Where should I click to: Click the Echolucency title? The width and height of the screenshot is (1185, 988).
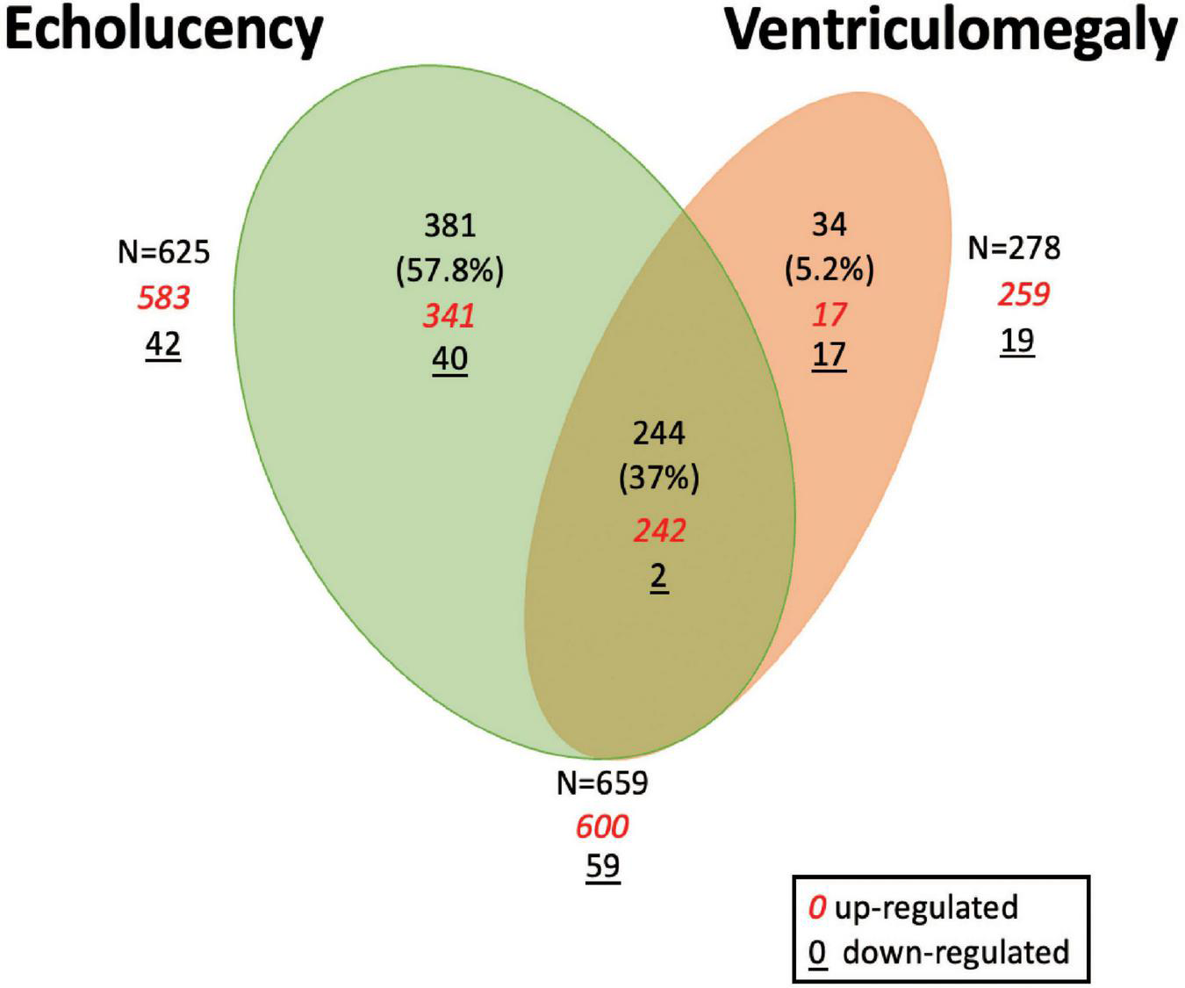tap(164, 30)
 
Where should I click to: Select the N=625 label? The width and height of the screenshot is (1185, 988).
tap(164, 252)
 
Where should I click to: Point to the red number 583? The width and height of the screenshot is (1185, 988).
tap(164, 298)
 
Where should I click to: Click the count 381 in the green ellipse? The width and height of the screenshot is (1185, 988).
tap(449, 226)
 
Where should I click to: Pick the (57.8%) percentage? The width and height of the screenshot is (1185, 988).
tap(449, 271)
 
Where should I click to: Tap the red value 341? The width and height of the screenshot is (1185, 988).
tap(449, 315)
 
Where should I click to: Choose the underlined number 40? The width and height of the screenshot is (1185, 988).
tap(449, 358)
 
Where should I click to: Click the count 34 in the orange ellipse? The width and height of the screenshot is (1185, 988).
tap(829, 225)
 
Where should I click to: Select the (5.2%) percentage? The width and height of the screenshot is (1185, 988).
tap(829, 270)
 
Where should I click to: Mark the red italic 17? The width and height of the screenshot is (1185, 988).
tap(829, 314)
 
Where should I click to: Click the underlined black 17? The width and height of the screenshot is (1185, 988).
tap(829, 355)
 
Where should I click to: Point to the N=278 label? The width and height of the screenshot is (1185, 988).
tap(1014, 249)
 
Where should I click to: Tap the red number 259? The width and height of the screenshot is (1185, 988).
tap(1023, 294)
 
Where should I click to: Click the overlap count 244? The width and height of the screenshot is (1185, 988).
tap(659, 433)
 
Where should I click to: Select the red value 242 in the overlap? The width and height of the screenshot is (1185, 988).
tap(659, 530)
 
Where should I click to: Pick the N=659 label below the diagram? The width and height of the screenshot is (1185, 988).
tap(602, 782)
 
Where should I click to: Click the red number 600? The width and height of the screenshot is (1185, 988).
tap(602, 826)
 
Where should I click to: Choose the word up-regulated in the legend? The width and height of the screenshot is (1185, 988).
tap(926, 907)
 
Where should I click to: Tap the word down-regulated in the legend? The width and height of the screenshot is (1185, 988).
tap(956, 952)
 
